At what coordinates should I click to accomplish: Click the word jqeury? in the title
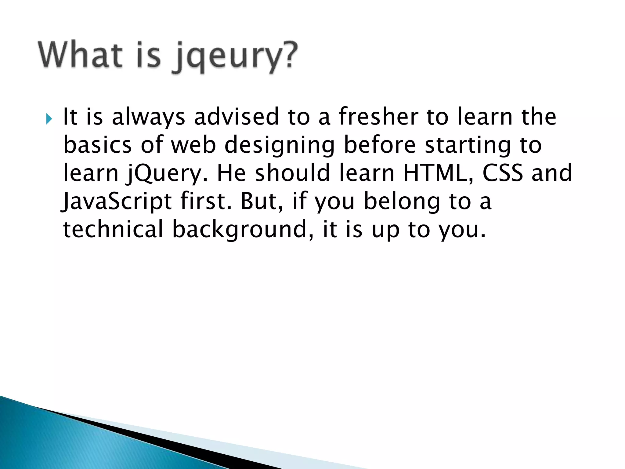pyautogui.click(x=235, y=56)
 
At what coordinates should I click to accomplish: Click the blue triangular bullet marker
pyautogui.click(x=49, y=118)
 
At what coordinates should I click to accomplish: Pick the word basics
pyautogui.click(x=97, y=145)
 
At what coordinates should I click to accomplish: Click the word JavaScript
pyautogui.click(x=116, y=202)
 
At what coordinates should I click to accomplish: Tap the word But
pyautogui.click(x=261, y=202)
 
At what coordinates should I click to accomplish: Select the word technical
pyautogui.click(x=113, y=229)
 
